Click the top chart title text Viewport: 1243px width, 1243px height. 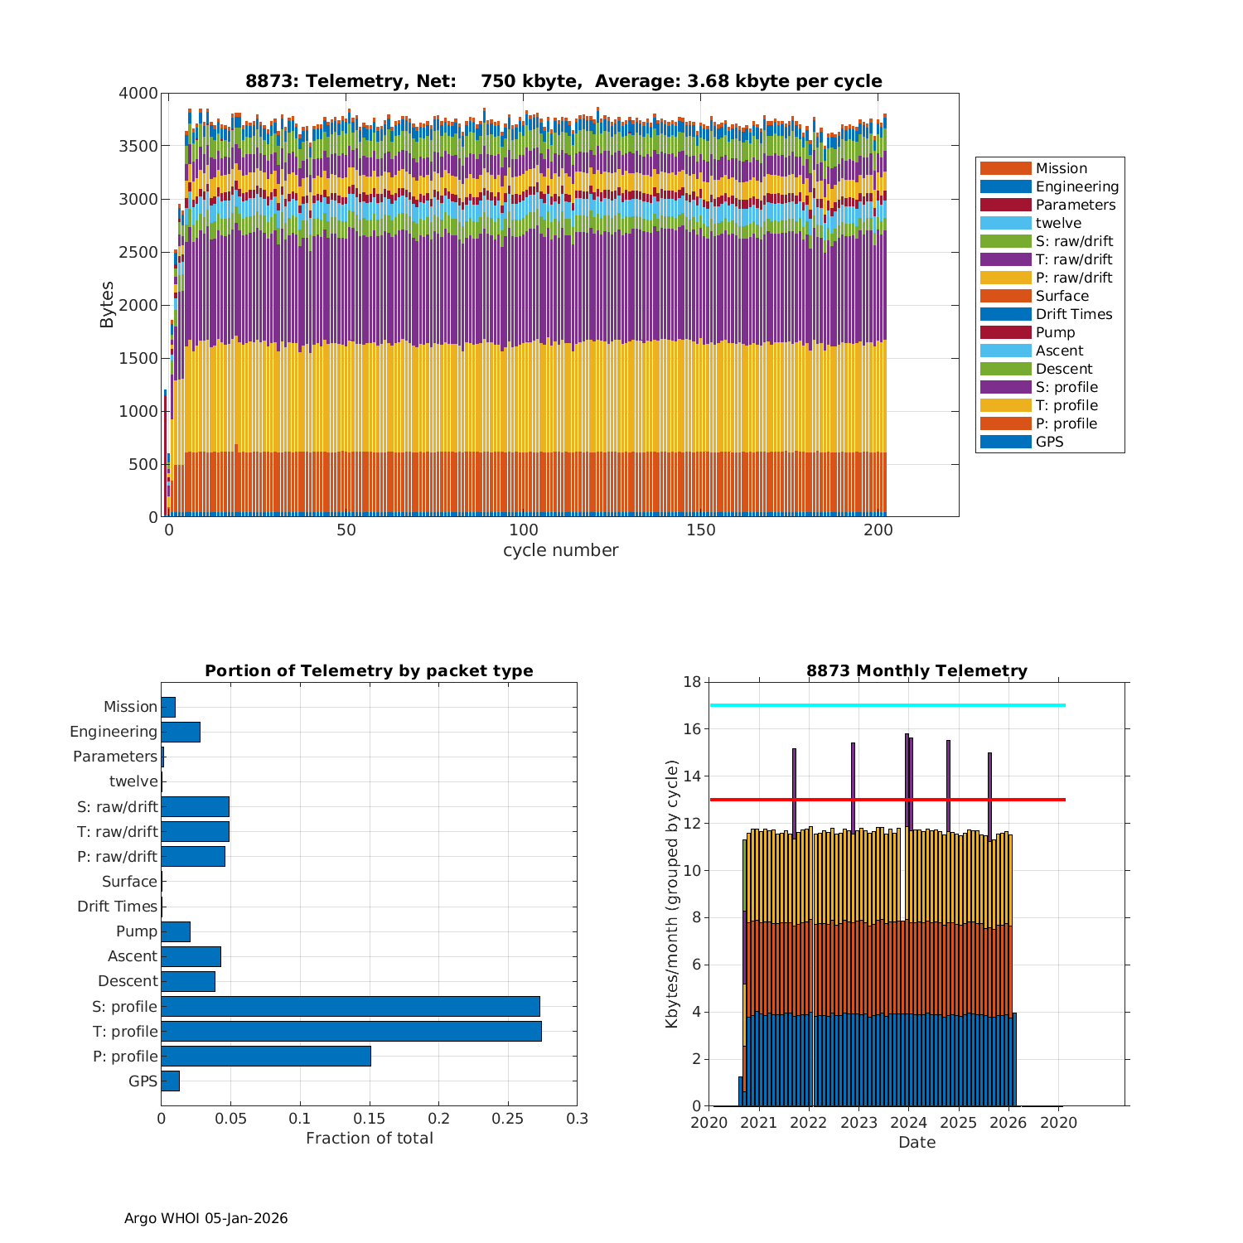point(563,81)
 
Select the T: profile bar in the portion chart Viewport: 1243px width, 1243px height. point(351,1031)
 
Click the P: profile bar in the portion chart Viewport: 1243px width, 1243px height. point(266,1056)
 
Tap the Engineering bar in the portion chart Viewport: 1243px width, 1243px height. point(181,732)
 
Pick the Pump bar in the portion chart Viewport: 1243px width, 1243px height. point(176,931)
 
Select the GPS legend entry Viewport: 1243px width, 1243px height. point(1049,442)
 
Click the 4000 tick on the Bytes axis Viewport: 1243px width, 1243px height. point(138,94)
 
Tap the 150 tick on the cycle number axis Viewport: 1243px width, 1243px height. point(701,530)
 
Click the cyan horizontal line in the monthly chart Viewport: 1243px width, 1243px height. point(887,705)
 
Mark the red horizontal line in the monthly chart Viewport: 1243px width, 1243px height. point(887,800)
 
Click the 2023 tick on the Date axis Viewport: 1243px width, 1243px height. point(858,1123)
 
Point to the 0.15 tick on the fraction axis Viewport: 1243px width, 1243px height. point(370,1119)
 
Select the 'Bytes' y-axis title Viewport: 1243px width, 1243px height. point(107,305)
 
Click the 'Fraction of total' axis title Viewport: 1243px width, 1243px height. point(370,1139)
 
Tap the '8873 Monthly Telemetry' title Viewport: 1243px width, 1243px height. point(917,671)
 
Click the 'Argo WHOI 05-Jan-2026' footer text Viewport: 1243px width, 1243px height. point(206,1218)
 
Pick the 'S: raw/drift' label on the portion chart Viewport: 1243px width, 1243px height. point(117,807)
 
